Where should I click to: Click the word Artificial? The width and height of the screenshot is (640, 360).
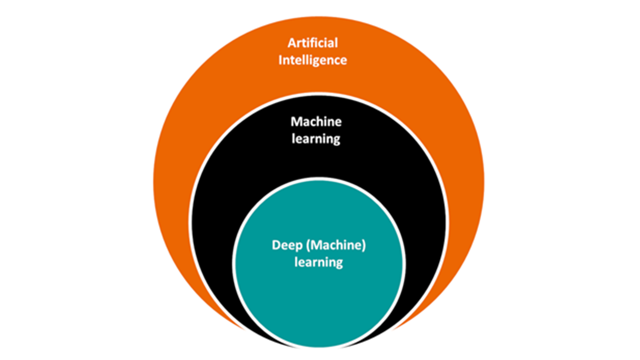point(313,43)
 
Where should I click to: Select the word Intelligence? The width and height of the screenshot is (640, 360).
point(313,60)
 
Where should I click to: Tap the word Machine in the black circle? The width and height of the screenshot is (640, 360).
point(316,122)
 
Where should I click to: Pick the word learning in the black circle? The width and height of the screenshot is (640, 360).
point(316,139)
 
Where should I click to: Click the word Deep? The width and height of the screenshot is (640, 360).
point(287,246)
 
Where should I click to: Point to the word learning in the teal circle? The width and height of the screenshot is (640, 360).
point(318,263)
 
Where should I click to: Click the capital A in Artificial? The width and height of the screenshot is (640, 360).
point(292,43)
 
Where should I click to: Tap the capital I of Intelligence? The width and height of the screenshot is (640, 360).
point(280,60)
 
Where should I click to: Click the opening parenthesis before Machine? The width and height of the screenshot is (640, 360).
point(308,246)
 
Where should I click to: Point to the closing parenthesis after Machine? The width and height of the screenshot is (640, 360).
point(364,246)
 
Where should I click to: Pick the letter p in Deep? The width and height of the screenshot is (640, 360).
point(298,247)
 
